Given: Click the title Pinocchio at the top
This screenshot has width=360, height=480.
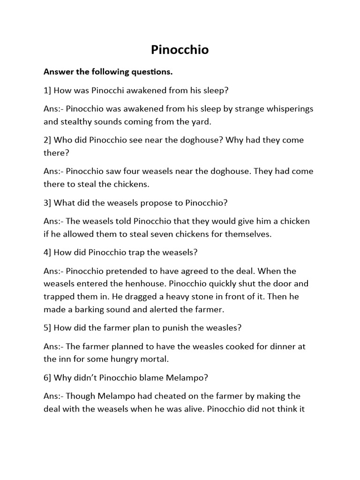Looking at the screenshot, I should pos(180,50).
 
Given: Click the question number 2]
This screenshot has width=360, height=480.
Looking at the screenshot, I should pos(47,140).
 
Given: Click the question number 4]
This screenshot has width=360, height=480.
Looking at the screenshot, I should pos(47,252).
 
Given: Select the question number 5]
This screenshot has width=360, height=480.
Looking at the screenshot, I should pos(47,327).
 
